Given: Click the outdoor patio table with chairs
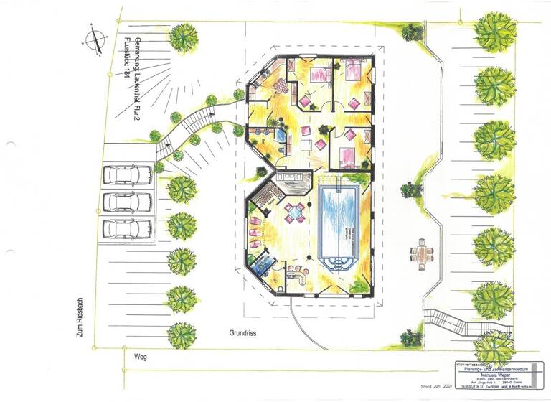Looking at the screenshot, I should click(421, 253).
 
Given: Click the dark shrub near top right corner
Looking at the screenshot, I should click(411, 32).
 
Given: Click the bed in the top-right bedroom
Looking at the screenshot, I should click(352, 69).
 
